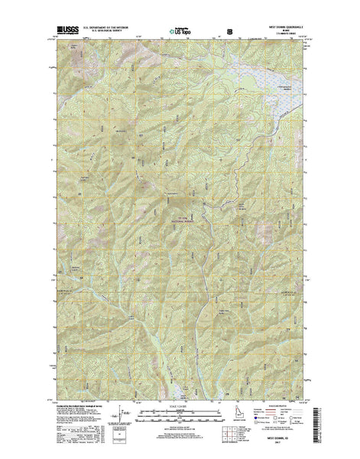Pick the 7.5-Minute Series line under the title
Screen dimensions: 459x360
[290, 35]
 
